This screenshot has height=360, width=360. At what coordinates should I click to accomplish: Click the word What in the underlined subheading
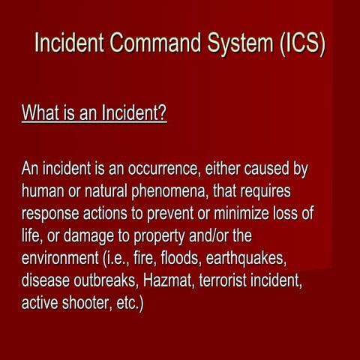40,114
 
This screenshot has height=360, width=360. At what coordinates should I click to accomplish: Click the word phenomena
178,192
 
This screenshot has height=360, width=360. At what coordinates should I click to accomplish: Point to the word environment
61,259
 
